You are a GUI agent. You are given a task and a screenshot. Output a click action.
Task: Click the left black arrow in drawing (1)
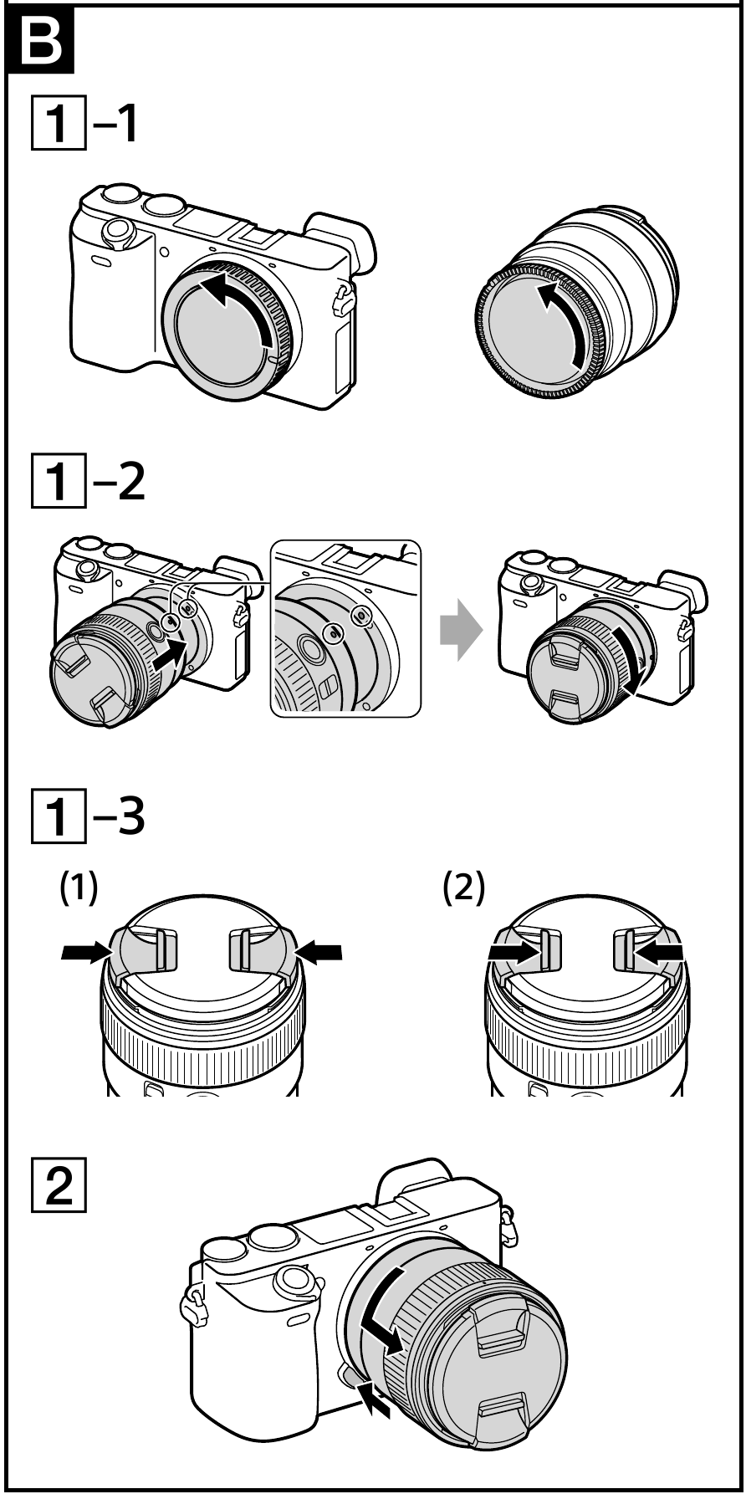87,950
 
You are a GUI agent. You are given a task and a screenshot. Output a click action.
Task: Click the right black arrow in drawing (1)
319,950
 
